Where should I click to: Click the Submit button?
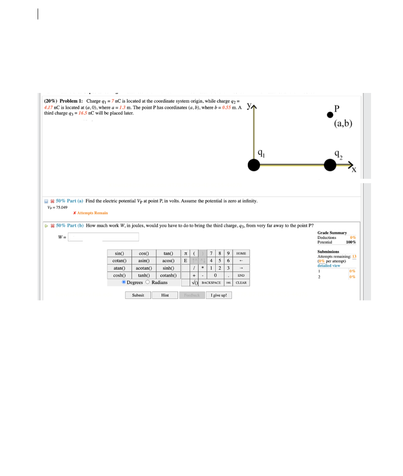[x=138, y=295]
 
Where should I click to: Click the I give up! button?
[x=218, y=295]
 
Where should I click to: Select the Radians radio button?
[x=148, y=282]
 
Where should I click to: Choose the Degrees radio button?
[x=124, y=282]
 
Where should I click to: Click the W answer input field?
[x=104, y=237]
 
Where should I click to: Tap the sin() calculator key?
[x=119, y=253]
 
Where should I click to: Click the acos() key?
[x=168, y=260]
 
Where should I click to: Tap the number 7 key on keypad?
[x=211, y=253]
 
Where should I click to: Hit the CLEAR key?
[x=241, y=283]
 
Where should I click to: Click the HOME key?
[x=241, y=253]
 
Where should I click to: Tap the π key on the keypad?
[x=185, y=253]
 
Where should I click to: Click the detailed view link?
[x=329, y=265]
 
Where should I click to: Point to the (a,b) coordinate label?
[x=343, y=124]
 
